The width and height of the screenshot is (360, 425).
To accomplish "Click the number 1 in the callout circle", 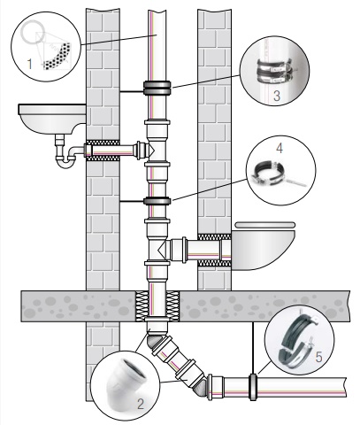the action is [x=29, y=64].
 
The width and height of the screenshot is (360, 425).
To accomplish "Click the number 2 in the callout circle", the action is [x=141, y=404].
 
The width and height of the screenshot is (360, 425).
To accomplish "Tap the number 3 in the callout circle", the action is [x=277, y=96].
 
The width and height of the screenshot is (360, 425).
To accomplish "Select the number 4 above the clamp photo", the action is [x=280, y=148].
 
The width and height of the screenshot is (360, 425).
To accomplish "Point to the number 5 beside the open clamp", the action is [x=318, y=357].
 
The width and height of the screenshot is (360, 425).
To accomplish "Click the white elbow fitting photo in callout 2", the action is [x=126, y=384].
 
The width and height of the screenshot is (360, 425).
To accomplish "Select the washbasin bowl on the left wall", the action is [x=52, y=119].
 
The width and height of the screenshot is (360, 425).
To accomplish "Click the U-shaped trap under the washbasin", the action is [x=66, y=157].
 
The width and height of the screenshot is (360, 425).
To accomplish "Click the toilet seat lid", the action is [x=264, y=225].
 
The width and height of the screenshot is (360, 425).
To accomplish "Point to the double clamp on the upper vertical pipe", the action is [x=157, y=88].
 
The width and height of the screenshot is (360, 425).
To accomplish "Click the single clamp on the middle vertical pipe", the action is [x=157, y=201].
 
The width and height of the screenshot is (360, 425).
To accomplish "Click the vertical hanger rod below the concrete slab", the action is [x=253, y=348].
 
